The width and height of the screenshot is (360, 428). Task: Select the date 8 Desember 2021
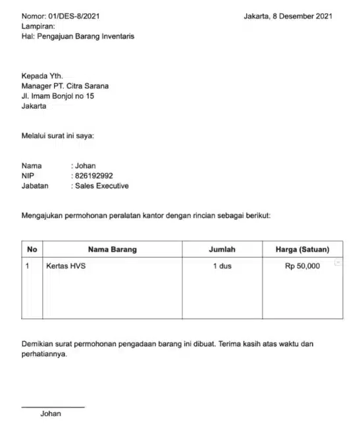click(x=301, y=16)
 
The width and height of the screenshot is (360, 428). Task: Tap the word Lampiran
click(x=38, y=26)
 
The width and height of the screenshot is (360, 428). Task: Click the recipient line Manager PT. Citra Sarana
click(x=65, y=86)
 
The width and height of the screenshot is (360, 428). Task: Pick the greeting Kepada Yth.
click(x=42, y=76)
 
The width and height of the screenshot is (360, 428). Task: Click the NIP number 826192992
click(x=94, y=176)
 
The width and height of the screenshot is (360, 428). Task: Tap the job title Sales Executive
click(x=102, y=186)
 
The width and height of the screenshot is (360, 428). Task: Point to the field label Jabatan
click(x=35, y=186)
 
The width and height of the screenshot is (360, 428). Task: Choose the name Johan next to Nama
click(x=86, y=166)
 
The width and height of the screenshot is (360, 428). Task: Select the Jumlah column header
click(x=222, y=250)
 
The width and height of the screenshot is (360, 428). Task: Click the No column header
click(x=32, y=250)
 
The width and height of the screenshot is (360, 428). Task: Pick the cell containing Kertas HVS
click(x=66, y=266)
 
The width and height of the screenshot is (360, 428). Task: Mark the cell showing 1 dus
click(x=222, y=266)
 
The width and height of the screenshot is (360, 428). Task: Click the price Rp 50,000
click(x=302, y=266)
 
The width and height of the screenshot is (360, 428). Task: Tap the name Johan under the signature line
click(x=51, y=414)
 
